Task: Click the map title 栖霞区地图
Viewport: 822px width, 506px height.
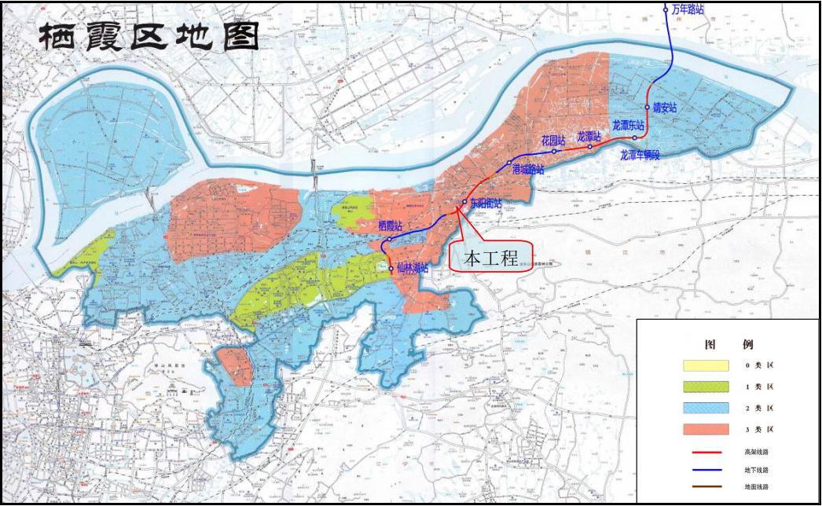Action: pos(149,35)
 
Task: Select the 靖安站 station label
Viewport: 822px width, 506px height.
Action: pos(663,108)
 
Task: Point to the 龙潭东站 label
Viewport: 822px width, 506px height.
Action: pos(628,125)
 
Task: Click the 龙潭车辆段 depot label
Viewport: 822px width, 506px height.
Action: pos(640,155)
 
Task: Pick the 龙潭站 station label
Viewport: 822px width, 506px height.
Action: pos(589,136)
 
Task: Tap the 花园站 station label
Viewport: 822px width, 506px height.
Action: pos(552,141)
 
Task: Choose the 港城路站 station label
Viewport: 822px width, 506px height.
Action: pos(527,169)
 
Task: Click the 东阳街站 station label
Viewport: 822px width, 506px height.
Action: pos(485,203)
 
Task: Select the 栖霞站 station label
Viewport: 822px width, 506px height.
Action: pos(390,225)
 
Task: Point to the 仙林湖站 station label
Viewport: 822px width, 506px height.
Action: pos(412,268)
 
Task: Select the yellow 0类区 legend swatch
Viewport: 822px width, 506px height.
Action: pos(706,365)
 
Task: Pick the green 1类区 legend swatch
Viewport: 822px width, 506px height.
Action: pos(706,387)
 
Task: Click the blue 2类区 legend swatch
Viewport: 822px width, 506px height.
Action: pos(706,408)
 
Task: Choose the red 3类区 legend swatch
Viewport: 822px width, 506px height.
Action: pos(706,429)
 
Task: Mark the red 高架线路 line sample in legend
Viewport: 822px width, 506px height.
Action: pos(706,452)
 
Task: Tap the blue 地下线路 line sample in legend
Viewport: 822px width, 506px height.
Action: pos(706,470)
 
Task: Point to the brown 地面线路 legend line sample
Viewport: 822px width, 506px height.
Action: pos(706,487)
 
